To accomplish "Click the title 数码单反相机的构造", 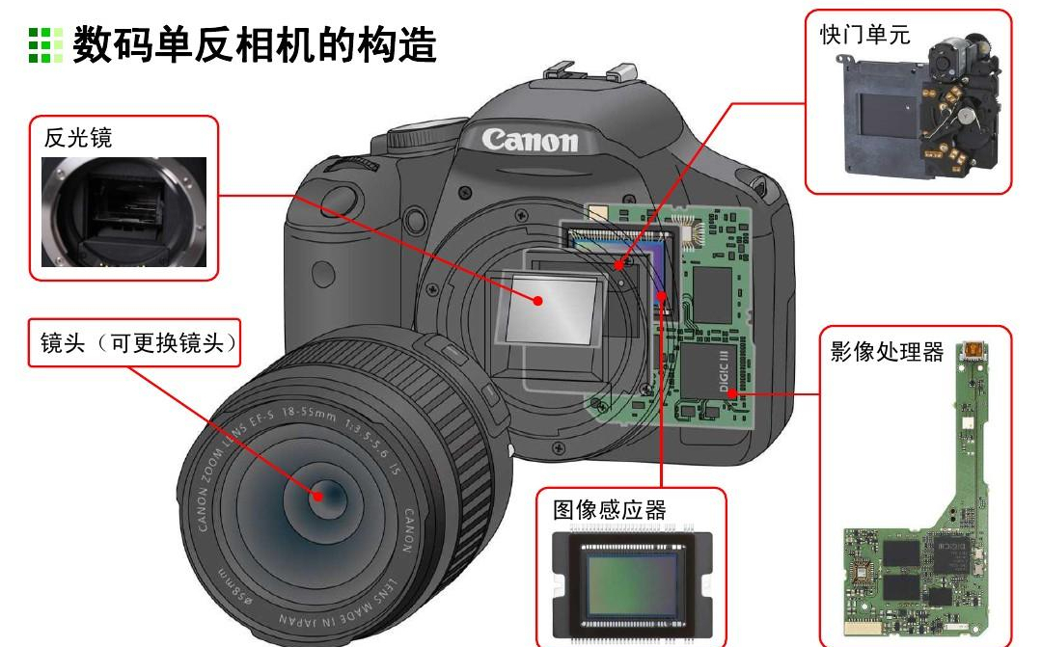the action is point(255,44).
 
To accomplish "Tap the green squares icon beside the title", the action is point(45,44).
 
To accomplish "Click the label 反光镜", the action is point(78,138).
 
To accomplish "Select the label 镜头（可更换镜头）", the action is point(138,342).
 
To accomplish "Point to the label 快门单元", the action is point(864,35).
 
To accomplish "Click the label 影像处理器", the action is point(887,351).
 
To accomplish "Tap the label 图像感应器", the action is point(610,509).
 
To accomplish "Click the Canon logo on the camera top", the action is point(531,140).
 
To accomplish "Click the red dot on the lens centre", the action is point(317,496).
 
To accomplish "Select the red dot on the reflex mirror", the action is point(538,301).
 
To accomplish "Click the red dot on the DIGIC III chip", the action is point(731,393).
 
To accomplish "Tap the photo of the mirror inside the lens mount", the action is point(124,212).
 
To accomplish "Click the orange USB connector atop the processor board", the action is point(972,349).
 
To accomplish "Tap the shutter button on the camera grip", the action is point(341,199).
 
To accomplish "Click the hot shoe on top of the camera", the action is point(590,70).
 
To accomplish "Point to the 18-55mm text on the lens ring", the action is point(309,414).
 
